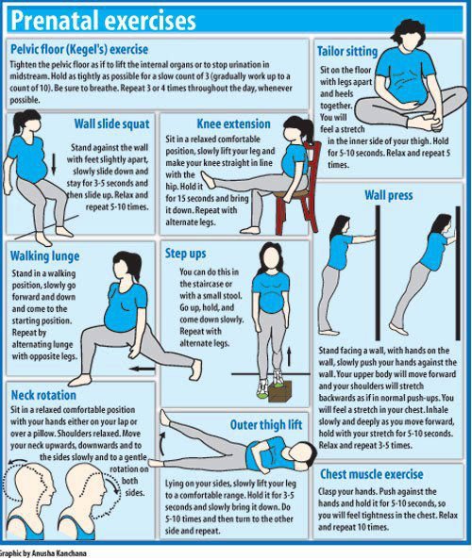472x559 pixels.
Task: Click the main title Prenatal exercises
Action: coord(104,21)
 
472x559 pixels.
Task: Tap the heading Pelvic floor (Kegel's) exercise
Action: coord(79,49)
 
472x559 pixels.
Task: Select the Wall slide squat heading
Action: coord(111,124)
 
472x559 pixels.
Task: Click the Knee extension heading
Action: coord(233,123)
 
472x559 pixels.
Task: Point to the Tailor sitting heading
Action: coord(347,51)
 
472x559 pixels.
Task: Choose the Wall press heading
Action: coord(388,195)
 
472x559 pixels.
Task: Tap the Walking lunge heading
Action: coord(45,256)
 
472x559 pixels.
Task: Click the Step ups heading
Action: coord(186,254)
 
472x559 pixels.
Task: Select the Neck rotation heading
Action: coord(43,395)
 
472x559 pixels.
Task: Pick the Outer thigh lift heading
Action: coord(266,425)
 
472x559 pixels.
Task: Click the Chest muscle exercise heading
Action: coord(371,474)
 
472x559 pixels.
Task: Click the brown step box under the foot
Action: coord(280,391)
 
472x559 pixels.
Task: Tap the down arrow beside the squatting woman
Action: coord(54,164)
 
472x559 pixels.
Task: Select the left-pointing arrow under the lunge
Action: coord(142,369)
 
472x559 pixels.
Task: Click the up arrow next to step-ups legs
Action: coord(289,355)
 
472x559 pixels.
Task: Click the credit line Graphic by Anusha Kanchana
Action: coord(43,553)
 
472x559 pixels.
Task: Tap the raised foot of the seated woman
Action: coord(208,180)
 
